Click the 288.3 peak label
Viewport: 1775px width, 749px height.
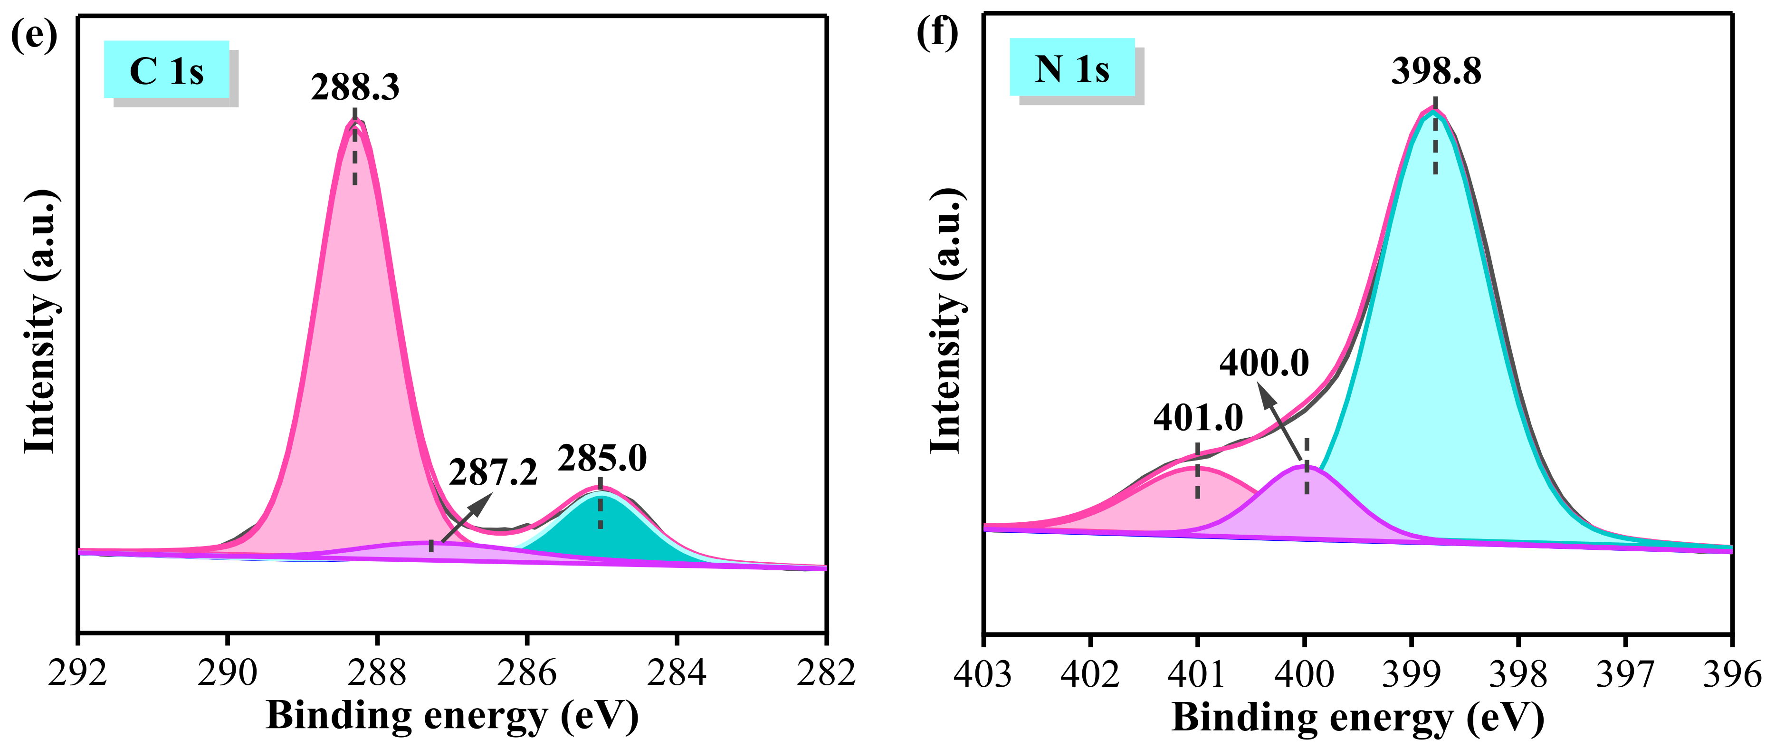click(x=355, y=87)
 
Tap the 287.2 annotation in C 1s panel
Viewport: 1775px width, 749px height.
click(x=493, y=473)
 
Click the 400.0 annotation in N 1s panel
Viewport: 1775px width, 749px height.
click(x=1264, y=363)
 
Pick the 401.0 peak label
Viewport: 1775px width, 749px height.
click(x=1198, y=418)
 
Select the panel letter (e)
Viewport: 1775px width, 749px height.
click(x=34, y=34)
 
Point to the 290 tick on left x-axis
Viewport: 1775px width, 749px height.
click(x=228, y=672)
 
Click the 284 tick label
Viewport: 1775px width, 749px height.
click(x=677, y=672)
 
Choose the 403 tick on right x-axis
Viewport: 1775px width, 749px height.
click(x=983, y=674)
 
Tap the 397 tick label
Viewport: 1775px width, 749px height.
click(x=1625, y=674)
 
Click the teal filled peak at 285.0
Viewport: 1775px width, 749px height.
click(x=606, y=534)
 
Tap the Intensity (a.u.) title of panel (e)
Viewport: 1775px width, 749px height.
click(x=40, y=320)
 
